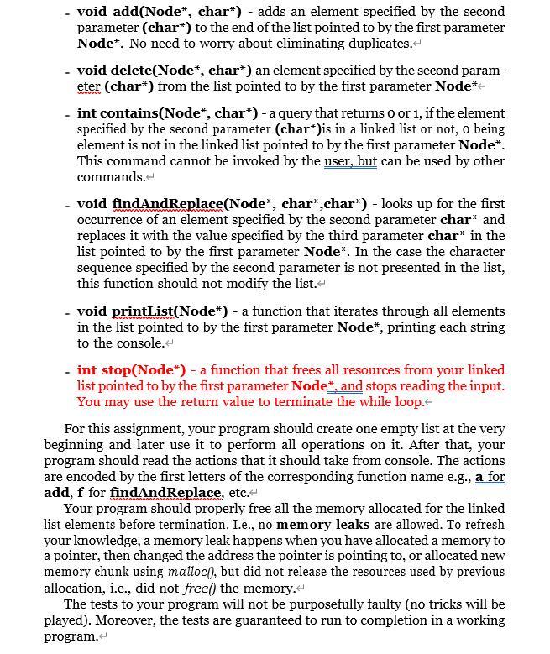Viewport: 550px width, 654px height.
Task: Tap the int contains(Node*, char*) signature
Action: pyautogui.click(x=167, y=113)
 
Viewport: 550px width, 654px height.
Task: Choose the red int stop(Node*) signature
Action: pyautogui.click(x=131, y=370)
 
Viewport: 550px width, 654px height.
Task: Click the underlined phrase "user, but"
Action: pyautogui.click(x=350, y=161)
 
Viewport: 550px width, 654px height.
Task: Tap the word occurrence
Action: pyautogui.click(x=113, y=220)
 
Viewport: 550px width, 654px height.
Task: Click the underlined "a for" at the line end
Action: pyautogui.click(x=490, y=477)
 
